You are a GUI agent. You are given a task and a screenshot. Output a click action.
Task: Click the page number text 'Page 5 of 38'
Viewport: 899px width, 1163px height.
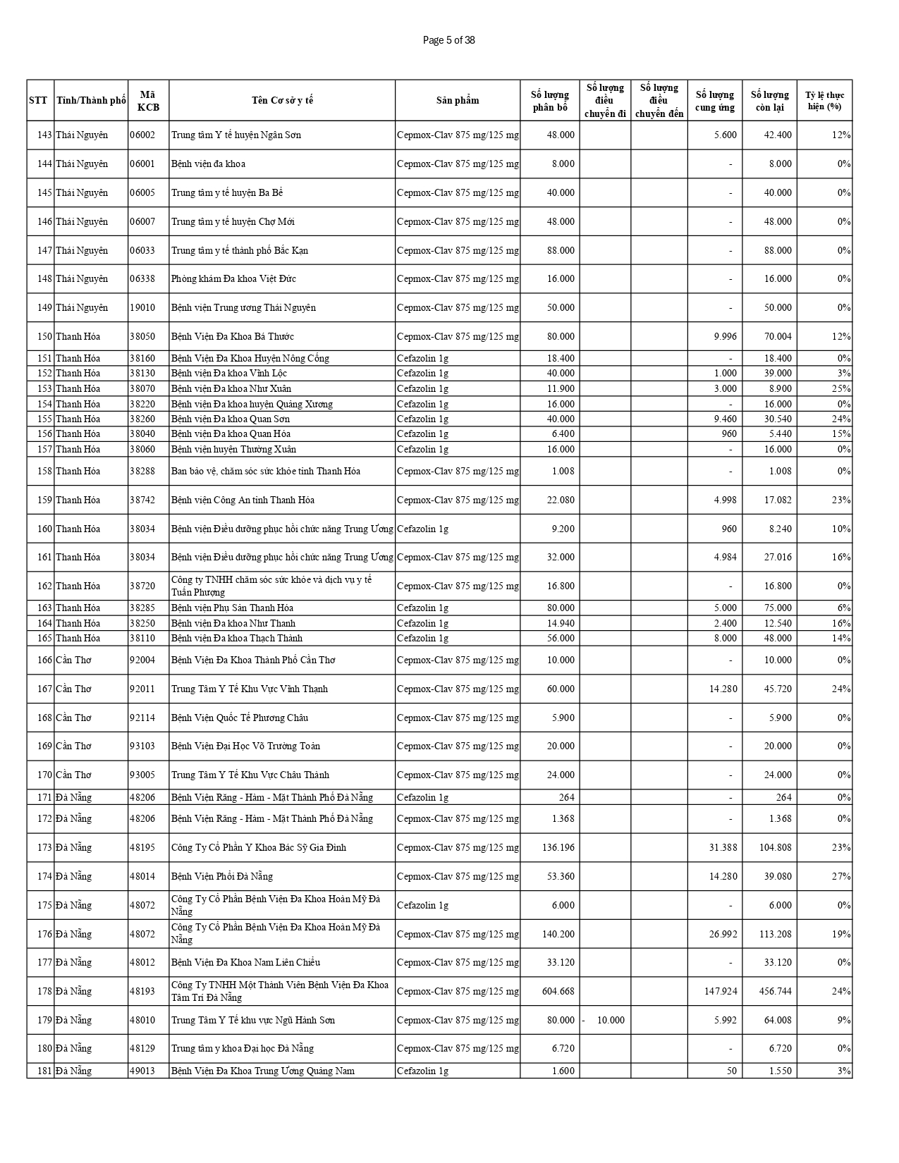(x=448, y=40)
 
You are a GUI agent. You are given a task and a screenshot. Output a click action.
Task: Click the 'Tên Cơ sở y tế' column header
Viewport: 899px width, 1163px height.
(x=282, y=100)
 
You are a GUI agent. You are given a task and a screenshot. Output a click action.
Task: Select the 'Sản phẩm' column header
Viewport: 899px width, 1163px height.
(x=458, y=100)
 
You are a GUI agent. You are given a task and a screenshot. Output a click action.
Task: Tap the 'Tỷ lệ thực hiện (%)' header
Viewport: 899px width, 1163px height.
(x=824, y=100)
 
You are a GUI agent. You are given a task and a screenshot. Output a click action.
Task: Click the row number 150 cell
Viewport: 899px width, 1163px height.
(x=44, y=336)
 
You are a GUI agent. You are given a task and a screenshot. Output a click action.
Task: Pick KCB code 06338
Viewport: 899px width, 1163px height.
(x=142, y=278)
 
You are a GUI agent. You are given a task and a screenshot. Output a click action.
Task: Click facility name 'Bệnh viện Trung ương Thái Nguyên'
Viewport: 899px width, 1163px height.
(x=243, y=307)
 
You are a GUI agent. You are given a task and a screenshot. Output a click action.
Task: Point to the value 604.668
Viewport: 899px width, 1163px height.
(x=558, y=991)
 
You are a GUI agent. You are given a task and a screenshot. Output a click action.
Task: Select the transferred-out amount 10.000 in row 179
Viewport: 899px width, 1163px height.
(x=611, y=1020)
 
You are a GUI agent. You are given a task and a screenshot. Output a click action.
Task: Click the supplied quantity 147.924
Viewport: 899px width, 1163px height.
(x=720, y=991)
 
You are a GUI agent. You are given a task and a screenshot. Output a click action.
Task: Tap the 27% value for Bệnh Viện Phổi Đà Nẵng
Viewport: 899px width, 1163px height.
(x=841, y=876)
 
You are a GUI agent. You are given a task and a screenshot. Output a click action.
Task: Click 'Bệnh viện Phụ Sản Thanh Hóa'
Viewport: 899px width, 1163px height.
(x=232, y=608)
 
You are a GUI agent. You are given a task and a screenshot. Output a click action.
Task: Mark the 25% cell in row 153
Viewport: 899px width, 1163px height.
(x=841, y=388)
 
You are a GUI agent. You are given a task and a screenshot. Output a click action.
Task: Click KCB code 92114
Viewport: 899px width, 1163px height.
(x=142, y=718)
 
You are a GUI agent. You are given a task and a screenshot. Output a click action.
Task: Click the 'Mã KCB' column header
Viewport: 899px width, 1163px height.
(x=148, y=100)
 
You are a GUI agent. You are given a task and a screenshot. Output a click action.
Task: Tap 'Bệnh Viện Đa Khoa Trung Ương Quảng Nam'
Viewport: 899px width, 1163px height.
(x=262, y=1071)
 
